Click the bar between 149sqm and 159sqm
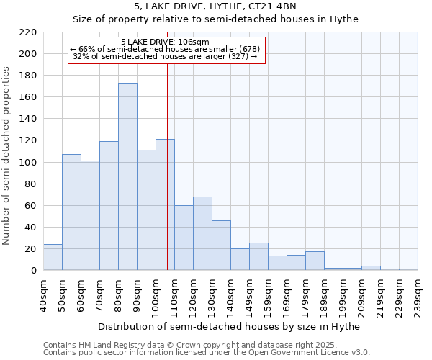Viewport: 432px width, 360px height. [x=258, y=256]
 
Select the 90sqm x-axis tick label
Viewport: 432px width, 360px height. [x=137, y=292]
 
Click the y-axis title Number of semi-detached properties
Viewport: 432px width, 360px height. [x=7, y=156]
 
